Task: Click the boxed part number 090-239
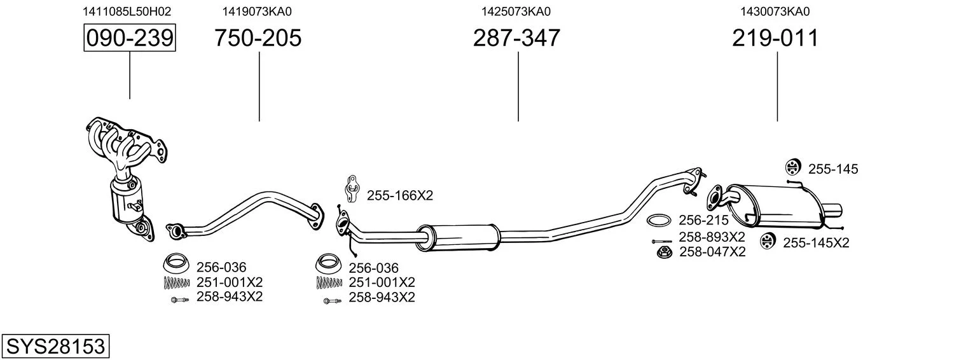tap(130, 38)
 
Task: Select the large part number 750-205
tap(258, 38)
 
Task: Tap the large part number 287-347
tap(516, 38)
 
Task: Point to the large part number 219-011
tap(775, 38)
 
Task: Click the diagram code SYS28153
tap(55, 346)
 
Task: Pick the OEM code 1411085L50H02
tap(127, 11)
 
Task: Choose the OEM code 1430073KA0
tap(775, 11)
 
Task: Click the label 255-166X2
tap(400, 195)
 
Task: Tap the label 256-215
tap(704, 220)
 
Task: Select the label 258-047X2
tap(712, 252)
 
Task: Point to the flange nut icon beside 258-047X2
tap(664, 252)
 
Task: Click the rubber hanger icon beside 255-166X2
tap(352, 189)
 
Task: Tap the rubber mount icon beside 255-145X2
tap(768, 240)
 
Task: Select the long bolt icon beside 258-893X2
tap(661, 241)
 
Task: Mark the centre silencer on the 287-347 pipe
tap(459, 238)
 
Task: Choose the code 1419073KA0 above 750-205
tap(257, 11)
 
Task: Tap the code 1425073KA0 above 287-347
tap(516, 11)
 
